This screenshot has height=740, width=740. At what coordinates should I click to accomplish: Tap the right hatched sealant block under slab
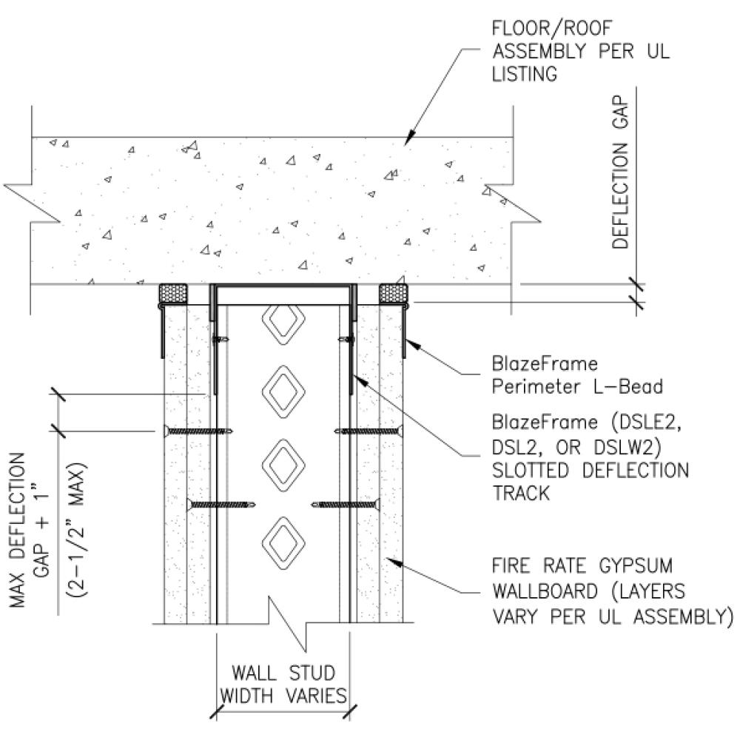pos(392,293)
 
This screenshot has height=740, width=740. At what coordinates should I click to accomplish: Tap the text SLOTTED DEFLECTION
pos(590,471)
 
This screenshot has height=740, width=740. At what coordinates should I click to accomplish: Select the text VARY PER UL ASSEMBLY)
pos(612,615)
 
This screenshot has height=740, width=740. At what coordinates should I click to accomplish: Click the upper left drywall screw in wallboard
pos(196,431)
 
